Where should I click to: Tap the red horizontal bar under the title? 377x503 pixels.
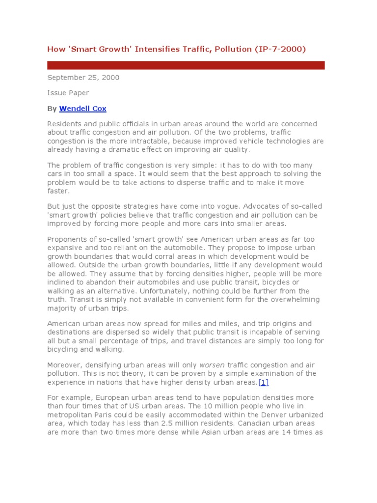(186, 65)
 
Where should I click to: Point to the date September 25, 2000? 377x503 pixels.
(83, 78)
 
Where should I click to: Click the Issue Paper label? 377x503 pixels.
(68, 93)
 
